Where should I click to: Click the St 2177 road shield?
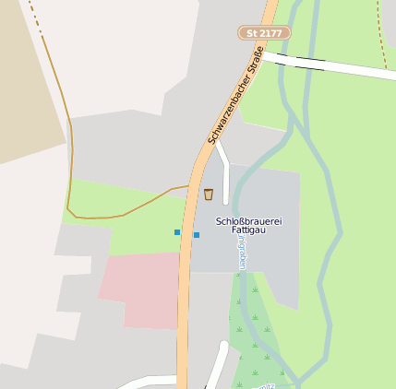pos(264,33)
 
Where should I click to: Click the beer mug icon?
pos(209,194)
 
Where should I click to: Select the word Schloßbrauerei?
pos(246,221)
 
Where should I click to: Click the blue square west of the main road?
pos(177,232)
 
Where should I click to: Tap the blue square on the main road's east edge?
pos(197,235)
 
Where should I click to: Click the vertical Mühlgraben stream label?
pos(242,251)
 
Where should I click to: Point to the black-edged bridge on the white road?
pos(309,63)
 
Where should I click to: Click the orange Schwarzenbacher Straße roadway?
pos(185,304)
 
